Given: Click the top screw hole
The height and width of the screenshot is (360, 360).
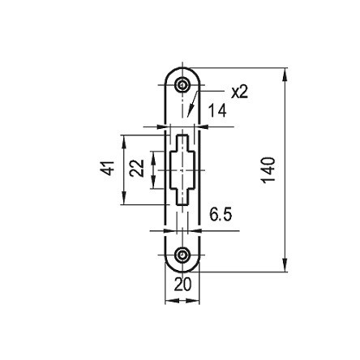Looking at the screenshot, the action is [182, 85].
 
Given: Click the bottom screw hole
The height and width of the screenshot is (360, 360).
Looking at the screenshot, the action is [182, 255].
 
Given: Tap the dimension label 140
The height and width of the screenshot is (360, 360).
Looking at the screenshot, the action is [269, 169].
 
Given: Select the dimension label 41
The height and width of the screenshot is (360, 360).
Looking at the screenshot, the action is [108, 168].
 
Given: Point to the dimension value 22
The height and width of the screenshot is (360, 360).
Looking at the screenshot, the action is [136, 168].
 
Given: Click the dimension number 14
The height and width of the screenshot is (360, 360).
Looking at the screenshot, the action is [217, 110].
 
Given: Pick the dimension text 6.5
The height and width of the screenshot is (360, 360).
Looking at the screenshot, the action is [221, 215].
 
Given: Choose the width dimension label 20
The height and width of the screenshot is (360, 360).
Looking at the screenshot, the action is [182, 285].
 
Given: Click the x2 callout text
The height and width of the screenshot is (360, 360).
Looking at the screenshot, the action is [239, 92].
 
